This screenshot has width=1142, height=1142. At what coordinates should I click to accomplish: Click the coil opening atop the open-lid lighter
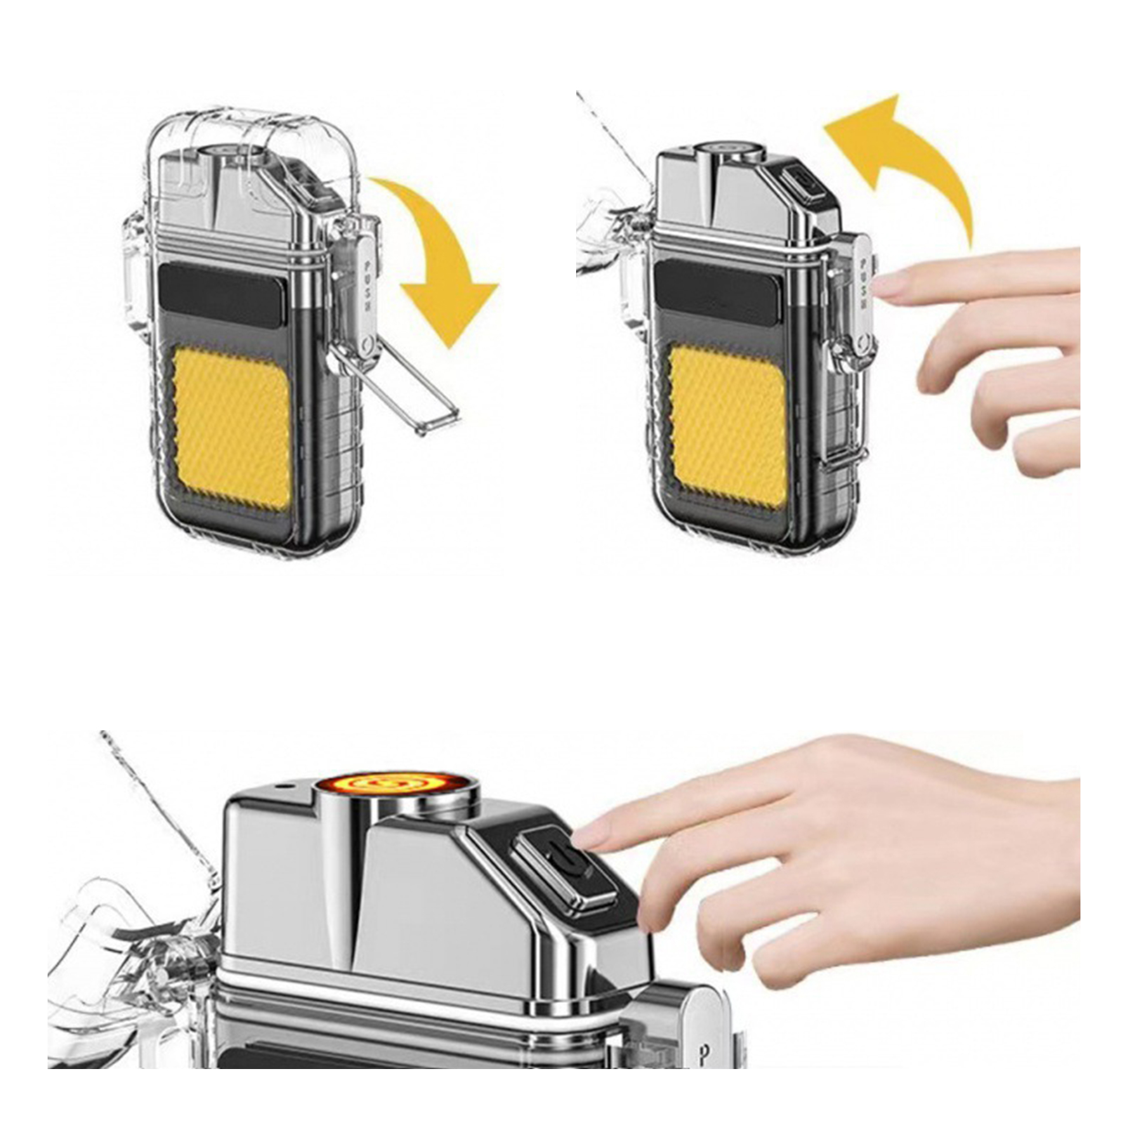pos(730,151)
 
